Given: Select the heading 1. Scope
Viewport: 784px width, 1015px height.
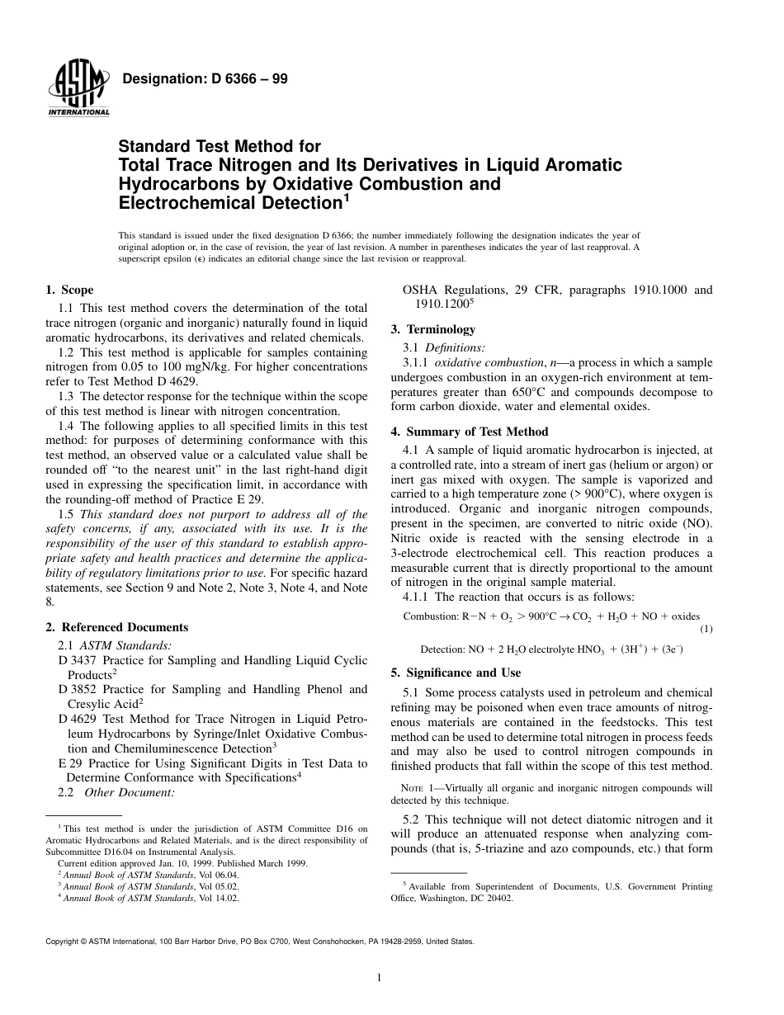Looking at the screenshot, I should click(69, 290).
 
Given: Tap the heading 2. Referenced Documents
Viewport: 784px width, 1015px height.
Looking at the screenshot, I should click(116, 627).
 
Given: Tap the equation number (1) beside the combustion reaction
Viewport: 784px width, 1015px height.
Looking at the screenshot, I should click(706, 629).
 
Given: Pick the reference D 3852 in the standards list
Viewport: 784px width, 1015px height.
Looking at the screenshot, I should click(75, 689).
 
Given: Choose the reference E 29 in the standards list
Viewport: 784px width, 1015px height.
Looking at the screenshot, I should click(69, 763).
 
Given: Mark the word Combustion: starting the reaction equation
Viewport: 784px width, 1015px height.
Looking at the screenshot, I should click(431, 616).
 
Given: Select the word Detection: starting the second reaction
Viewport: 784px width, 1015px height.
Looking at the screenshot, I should click(443, 649).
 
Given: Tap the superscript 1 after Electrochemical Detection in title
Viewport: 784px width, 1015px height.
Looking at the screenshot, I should click(347, 199).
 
